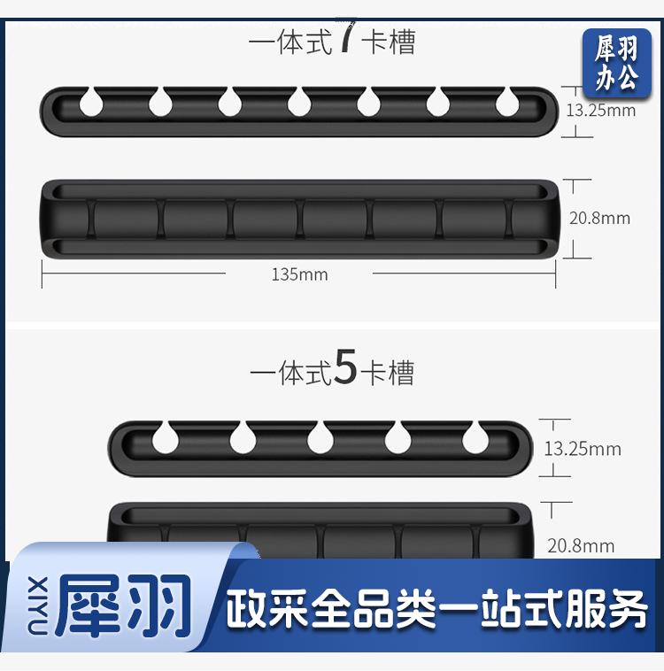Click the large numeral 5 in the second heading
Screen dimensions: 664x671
pyautogui.click(x=345, y=367)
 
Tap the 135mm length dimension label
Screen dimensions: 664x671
pyautogui.click(x=299, y=274)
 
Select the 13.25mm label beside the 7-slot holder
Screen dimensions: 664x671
pyautogui.click(x=600, y=111)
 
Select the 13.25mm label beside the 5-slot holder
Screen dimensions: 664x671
pyautogui.click(x=583, y=449)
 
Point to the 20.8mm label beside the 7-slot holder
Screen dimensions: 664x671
pyautogui.click(x=599, y=219)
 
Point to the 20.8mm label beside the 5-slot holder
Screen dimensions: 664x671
pyautogui.click(x=581, y=545)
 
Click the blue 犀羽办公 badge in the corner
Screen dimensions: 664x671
pyautogui.click(x=617, y=64)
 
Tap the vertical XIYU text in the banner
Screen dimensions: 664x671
pyautogui.click(x=38, y=605)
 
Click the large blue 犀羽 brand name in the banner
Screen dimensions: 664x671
pyautogui.click(x=123, y=605)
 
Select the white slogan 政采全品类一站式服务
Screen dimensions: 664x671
pyautogui.click(x=436, y=608)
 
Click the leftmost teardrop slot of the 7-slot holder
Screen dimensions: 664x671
pyautogui.click(x=91, y=103)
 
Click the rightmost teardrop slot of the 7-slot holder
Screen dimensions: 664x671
pyautogui.click(x=508, y=103)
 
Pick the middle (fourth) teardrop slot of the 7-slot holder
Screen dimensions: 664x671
pyautogui.click(x=299, y=103)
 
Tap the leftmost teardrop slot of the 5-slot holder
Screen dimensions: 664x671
pyautogui.click(x=166, y=437)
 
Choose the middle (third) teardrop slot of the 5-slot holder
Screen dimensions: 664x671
pyautogui.click(x=320, y=437)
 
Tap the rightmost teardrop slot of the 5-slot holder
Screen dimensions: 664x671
pyautogui.click(x=475, y=437)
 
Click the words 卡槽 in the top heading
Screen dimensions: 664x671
pyautogui.click(x=389, y=42)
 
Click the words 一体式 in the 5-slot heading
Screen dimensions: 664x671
pyautogui.click(x=291, y=373)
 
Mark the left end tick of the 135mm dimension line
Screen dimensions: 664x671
pyautogui.click(x=42, y=274)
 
